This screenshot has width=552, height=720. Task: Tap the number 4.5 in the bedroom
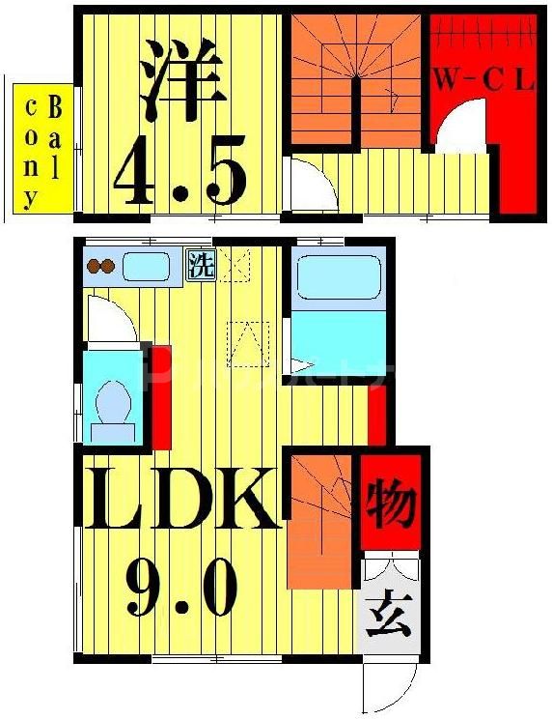pos(179,171)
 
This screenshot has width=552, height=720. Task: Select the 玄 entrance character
pos(391,614)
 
